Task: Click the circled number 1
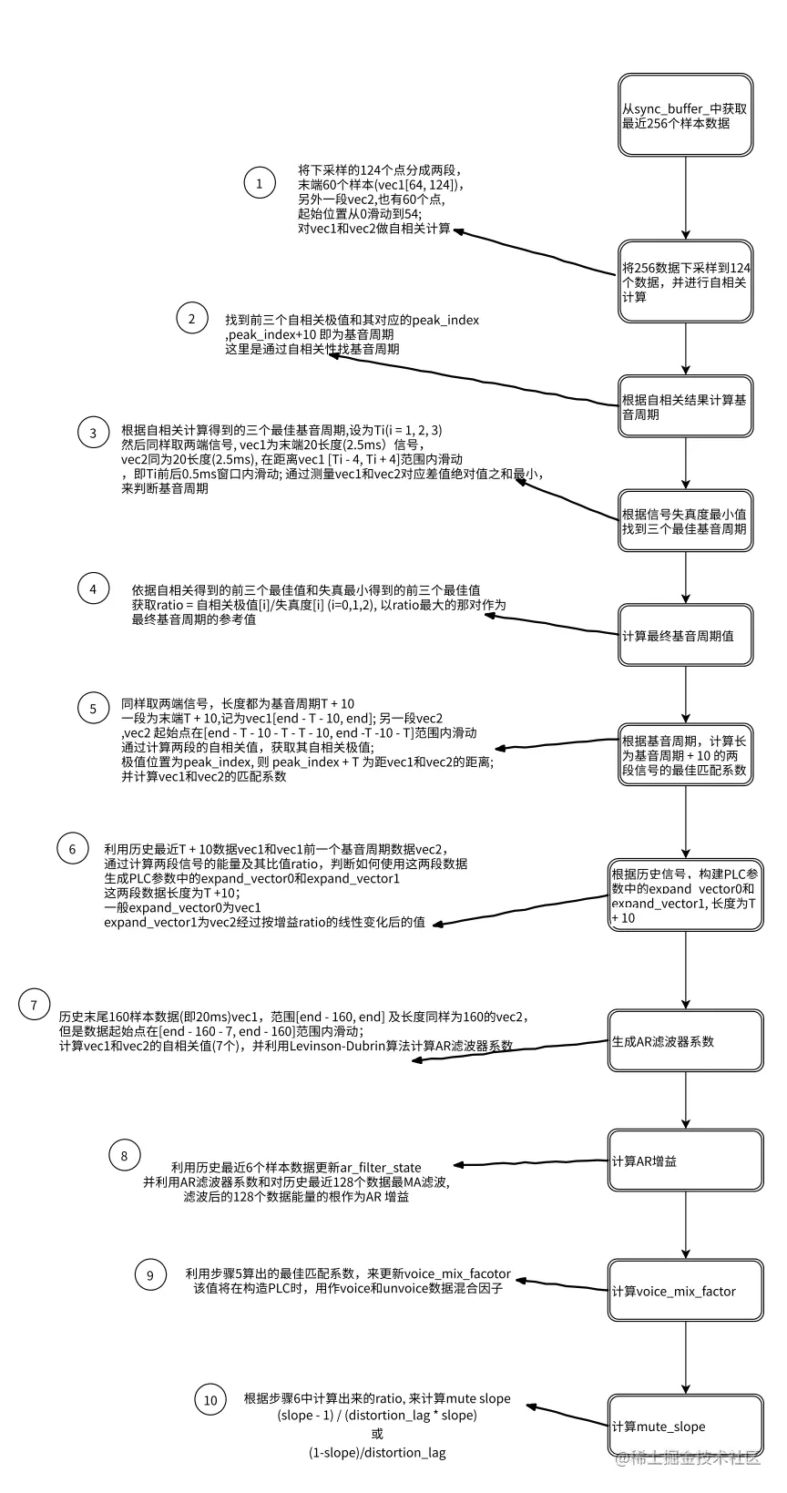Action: coord(260,183)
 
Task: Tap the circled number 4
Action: coord(93,588)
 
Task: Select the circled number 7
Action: coord(35,1005)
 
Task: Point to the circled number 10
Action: coord(210,1399)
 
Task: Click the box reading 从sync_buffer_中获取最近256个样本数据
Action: coord(685,116)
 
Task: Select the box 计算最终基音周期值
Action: coord(685,635)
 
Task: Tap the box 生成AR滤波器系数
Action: coord(685,1041)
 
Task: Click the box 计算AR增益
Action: coord(685,1161)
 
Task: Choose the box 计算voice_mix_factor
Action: coord(685,1291)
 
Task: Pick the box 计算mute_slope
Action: coord(685,1427)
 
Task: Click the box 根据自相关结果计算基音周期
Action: coord(685,406)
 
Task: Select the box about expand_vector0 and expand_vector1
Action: coord(685,895)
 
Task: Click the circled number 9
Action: coord(150,1275)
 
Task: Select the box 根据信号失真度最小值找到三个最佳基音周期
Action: coord(685,521)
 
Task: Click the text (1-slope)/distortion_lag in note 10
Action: coord(377,1452)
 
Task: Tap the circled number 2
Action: coord(191,318)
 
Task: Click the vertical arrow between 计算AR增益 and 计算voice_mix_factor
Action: coord(685,1225)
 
